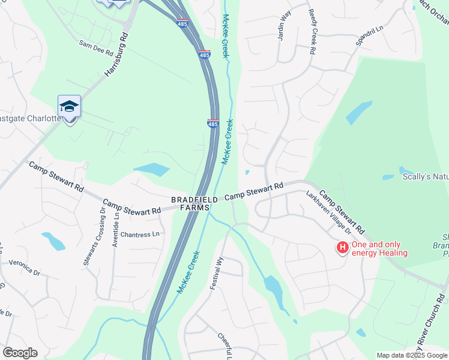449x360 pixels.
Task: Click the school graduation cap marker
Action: tap(69, 106)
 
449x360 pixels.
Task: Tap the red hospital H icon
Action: tap(342, 247)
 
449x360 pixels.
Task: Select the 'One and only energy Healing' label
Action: tap(379, 248)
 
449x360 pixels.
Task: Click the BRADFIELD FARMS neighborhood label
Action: tap(190, 203)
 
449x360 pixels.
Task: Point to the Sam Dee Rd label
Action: tap(97, 48)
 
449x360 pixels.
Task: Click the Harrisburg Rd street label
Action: tap(117, 54)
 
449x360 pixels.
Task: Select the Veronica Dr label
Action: tap(25, 268)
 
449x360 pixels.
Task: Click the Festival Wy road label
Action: tap(216, 274)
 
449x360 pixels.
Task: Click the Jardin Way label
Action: tap(284, 25)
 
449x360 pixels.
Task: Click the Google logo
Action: tap(20, 353)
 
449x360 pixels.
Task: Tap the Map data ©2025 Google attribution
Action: tap(412, 355)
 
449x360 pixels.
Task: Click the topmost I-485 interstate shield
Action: tap(182, 23)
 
